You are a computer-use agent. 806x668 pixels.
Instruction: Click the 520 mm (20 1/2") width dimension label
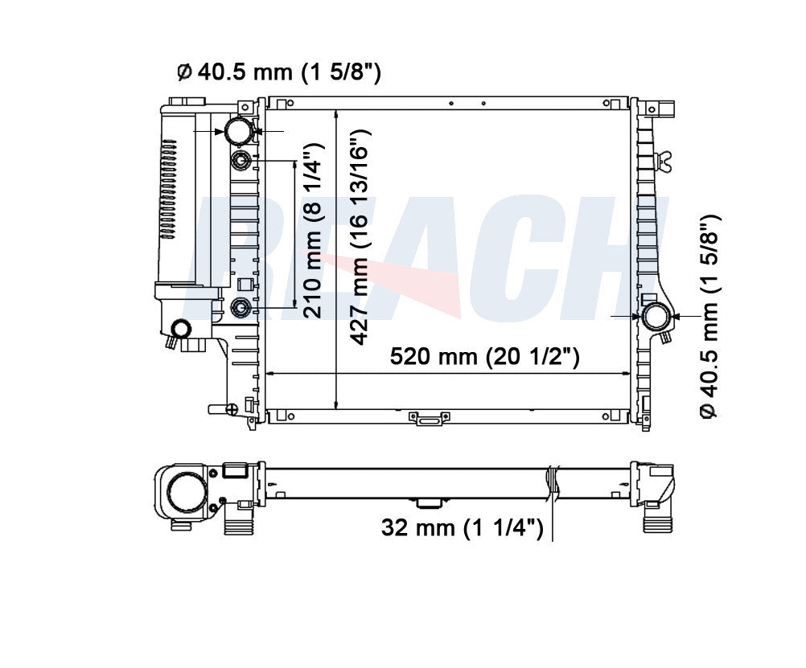[485, 356]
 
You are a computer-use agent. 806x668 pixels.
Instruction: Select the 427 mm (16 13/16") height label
[360, 237]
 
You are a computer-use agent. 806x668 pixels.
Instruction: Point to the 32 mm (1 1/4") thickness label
[462, 527]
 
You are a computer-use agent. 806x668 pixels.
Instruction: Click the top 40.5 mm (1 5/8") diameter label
[279, 72]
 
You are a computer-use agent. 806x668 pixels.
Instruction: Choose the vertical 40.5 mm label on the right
[710, 318]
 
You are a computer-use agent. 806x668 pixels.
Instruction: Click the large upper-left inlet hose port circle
[240, 131]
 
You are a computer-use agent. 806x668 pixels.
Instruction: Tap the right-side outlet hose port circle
[656, 317]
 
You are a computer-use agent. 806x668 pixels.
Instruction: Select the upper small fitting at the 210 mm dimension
[241, 161]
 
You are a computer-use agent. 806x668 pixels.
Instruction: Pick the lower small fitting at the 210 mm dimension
[241, 307]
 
